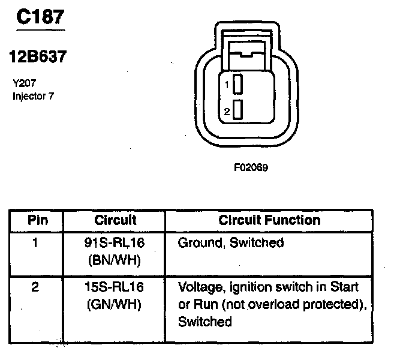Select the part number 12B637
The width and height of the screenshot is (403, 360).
click(x=37, y=57)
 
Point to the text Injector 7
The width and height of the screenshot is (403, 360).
click(x=34, y=95)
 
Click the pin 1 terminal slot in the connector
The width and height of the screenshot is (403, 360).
click(x=237, y=85)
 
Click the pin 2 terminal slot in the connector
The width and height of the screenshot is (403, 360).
click(x=237, y=110)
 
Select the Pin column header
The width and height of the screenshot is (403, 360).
click(x=37, y=220)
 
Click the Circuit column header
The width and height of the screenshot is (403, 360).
click(x=116, y=220)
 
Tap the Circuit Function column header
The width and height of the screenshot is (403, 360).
click(x=269, y=220)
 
